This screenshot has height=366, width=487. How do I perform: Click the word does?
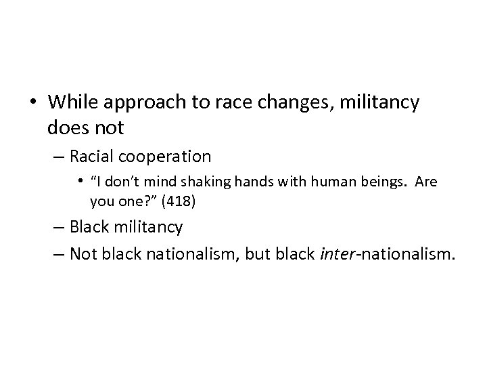point(67,127)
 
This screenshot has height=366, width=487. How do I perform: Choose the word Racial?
point(92,157)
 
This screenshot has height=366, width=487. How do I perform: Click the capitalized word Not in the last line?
point(83,253)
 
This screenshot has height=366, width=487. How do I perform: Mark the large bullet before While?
point(34,104)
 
